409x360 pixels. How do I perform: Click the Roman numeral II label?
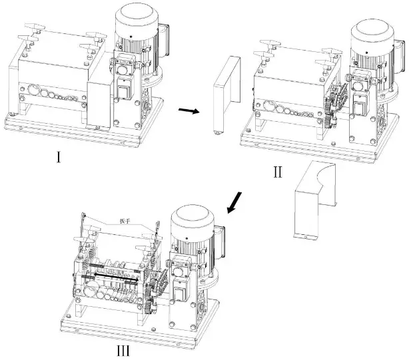point(277,172)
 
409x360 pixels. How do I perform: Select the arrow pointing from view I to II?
point(190,111)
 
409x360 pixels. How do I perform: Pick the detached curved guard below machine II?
point(313,200)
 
